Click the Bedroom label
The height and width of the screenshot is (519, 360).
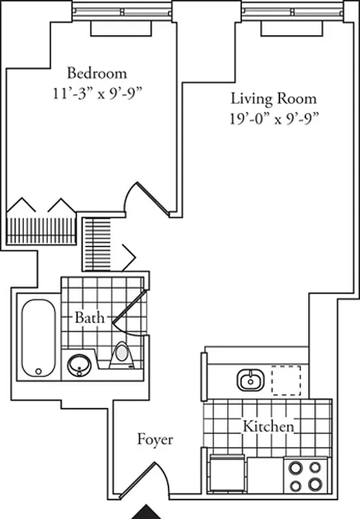[97, 73]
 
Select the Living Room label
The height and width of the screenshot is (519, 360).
[274, 99]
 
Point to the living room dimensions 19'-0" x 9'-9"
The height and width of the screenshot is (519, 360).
[274, 118]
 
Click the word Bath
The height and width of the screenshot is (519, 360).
[87, 318]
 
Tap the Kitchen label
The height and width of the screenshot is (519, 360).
[269, 427]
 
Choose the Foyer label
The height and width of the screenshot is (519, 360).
[155, 440]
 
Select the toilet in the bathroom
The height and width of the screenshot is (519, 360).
[121, 356]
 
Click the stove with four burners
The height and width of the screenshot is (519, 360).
[305, 476]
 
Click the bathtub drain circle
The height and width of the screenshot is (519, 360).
[38, 371]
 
